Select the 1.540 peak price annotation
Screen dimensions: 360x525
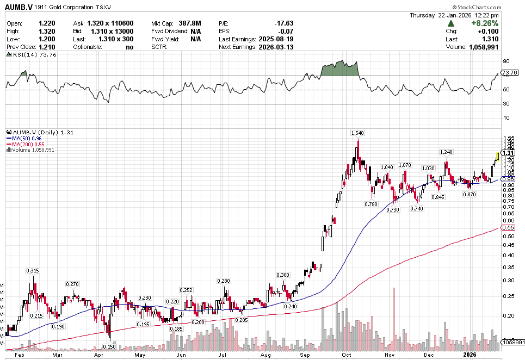click(x=357, y=133)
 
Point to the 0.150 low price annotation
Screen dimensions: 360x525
click(x=109, y=346)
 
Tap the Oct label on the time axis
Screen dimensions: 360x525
click(x=347, y=355)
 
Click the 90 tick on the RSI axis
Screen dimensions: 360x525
click(x=505, y=61)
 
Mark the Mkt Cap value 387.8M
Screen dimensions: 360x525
click(x=190, y=23)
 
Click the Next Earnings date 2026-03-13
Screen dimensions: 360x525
click(x=275, y=47)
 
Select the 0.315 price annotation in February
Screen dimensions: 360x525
click(x=33, y=270)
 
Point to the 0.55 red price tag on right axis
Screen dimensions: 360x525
click(x=508, y=227)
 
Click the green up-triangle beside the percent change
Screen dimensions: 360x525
click(x=452, y=24)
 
